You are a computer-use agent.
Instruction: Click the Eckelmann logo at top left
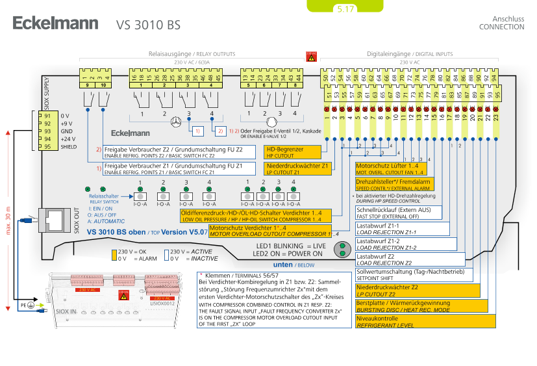click(x=55, y=24)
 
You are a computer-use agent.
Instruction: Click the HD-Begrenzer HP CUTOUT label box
click(x=293, y=152)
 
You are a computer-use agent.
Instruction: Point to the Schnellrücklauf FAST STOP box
click(x=398, y=213)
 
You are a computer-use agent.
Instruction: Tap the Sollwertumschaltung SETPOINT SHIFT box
click(x=416, y=274)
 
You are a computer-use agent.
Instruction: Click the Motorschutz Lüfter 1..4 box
click(x=390, y=169)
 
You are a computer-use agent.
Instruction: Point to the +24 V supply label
click(x=67, y=138)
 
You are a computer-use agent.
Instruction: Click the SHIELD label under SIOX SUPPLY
click(x=69, y=146)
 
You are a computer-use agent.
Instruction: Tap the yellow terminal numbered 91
click(x=47, y=116)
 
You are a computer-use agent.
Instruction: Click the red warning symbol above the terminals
click(x=311, y=57)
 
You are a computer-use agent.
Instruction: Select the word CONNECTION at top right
click(x=501, y=27)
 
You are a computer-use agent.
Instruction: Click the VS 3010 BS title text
click(x=148, y=25)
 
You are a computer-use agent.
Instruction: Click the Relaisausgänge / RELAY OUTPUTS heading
click(x=192, y=55)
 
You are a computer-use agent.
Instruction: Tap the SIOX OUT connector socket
click(x=53, y=220)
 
